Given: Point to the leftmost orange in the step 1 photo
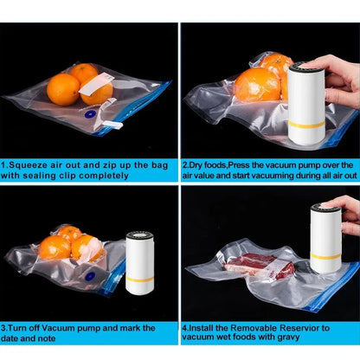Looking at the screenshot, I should (63, 88).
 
